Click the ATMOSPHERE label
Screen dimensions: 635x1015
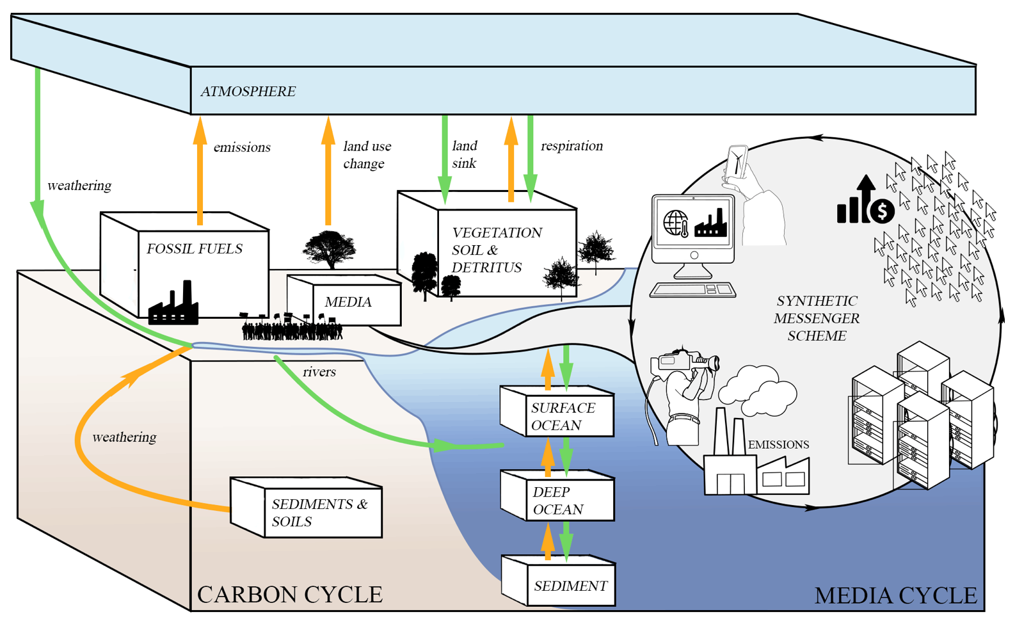[248, 92]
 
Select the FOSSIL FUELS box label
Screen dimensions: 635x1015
[195, 249]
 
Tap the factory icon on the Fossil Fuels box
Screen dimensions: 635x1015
[173, 305]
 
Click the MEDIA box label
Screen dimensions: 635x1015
[348, 302]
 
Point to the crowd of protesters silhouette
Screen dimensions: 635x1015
[291, 327]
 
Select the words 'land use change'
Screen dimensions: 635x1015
[367, 155]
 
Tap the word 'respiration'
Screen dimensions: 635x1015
[571, 146]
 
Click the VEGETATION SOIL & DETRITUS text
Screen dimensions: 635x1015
[497, 250]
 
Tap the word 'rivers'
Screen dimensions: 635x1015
[319, 372]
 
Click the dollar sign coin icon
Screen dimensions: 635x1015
[883, 210]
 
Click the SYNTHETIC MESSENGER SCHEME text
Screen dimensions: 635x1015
[817, 318]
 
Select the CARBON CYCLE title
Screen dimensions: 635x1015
[290, 595]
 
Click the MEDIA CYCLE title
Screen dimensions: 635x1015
[895, 596]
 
